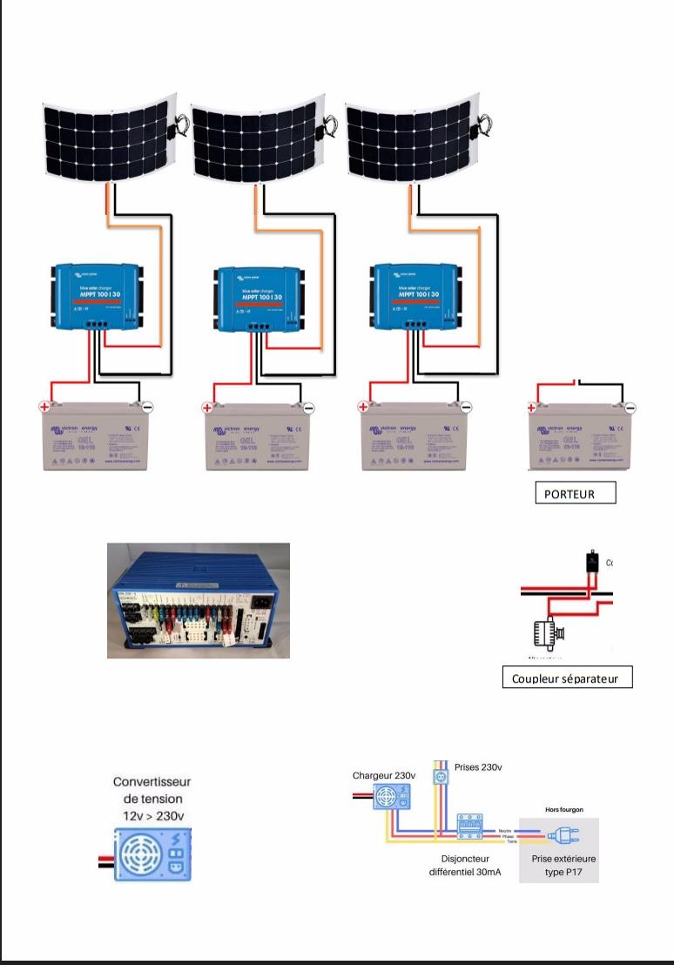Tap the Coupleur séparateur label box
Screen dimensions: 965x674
[567, 678]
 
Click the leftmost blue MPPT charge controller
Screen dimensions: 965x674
[96, 297]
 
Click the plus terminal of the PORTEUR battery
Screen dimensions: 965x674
[531, 408]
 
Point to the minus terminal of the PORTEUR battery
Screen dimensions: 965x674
[630, 408]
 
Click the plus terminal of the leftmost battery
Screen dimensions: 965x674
[44, 406]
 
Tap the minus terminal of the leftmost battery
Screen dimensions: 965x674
[147, 407]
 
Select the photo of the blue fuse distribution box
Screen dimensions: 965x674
[199, 600]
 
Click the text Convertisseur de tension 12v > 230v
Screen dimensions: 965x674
[152, 798]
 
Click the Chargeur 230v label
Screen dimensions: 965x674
[383, 775]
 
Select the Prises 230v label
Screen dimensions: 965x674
[478, 767]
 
